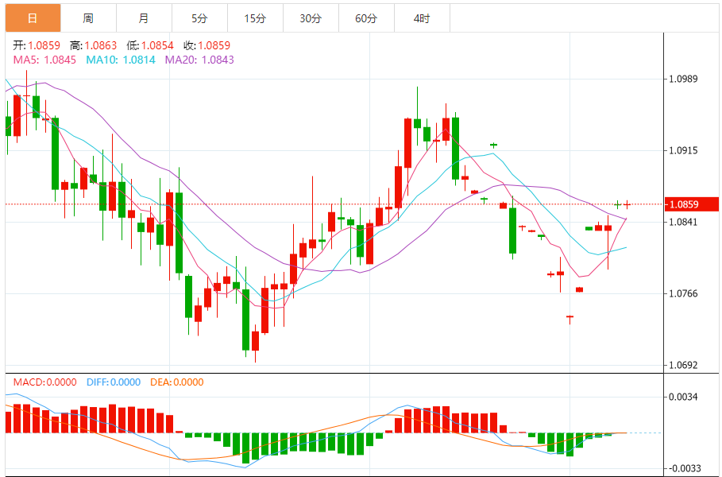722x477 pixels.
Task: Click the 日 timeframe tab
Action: (x=32, y=17)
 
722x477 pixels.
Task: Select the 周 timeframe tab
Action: (x=87, y=17)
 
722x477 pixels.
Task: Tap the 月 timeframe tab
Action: (x=143, y=17)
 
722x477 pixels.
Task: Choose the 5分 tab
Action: (x=199, y=17)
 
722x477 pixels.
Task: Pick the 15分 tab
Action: (x=254, y=17)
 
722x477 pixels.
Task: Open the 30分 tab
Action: (x=311, y=17)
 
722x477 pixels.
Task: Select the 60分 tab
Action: (x=366, y=17)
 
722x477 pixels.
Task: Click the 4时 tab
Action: (x=422, y=17)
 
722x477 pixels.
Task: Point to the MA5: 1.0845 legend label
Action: (x=44, y=60)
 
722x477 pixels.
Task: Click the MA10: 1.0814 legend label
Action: (x=122, y=60)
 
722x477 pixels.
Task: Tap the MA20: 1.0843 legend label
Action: (x=199, y=60)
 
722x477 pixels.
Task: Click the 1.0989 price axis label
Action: (x=683, y=79)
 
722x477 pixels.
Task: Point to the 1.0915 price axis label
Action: (x=683, y=150)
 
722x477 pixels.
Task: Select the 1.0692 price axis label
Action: (x=683, y=366)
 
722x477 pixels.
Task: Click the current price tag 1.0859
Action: (x=685, y=204)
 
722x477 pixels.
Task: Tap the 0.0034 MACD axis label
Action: (x=683, y=397)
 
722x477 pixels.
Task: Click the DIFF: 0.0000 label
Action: (x=112, y=382)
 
